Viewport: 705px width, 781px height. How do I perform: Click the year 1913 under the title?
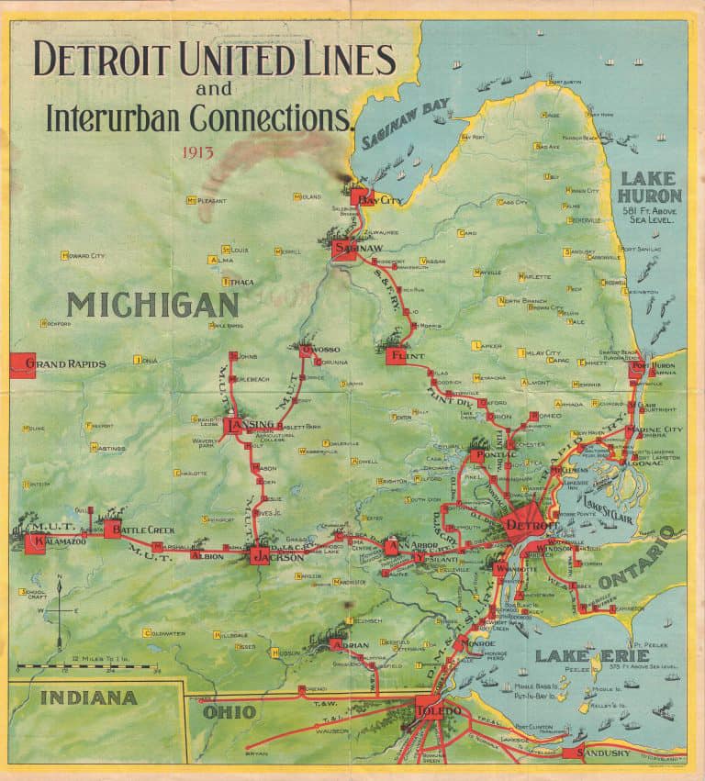[x=198, y=151]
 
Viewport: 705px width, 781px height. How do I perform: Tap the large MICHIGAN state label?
[x=152, y=304]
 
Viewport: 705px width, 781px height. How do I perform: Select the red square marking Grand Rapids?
[x=21, y=365]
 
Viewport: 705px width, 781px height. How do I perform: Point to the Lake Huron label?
[x=650, y=187]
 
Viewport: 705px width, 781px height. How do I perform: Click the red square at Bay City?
[x=358, y=196]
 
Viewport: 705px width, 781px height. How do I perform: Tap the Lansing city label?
[x=250, y=425]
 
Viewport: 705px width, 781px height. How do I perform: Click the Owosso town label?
[x=319, y=350]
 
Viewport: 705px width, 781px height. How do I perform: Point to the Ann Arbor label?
[x=411, y=547]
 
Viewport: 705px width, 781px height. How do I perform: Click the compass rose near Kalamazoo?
[x=59, y=608]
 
